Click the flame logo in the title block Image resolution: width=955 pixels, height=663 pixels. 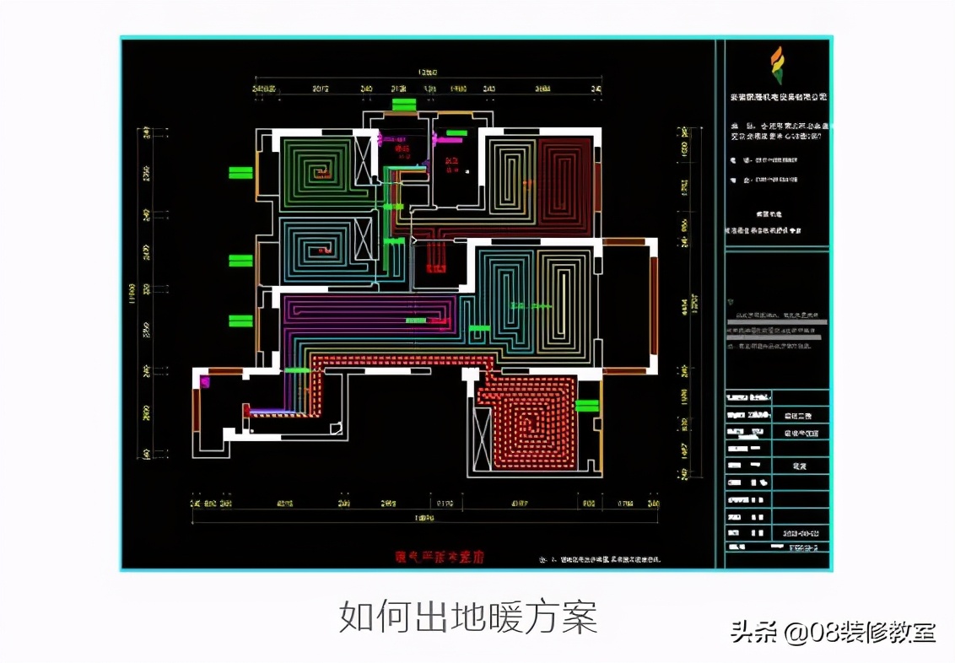coord(775,66)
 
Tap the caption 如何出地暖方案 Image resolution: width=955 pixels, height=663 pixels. coord(468,617)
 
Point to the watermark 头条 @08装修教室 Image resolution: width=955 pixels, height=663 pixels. coord(833,632)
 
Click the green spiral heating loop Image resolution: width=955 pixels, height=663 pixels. coord(316,173)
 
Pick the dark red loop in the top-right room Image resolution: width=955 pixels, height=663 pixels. coord(564,186)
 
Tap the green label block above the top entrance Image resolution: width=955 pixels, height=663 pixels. coord(404,105)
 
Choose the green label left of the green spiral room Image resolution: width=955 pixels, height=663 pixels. coord(240,173)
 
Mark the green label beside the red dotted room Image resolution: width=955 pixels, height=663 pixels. coord(587,406)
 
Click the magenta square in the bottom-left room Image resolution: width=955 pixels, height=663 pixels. coord(203,382)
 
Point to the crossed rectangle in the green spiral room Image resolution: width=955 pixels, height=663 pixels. coord(364,159)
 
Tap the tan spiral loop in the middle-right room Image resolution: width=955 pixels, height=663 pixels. coord(565,299)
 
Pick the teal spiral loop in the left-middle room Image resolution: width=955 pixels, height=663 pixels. coord(316,249)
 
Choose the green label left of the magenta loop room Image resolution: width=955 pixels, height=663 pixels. coord(240,321)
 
